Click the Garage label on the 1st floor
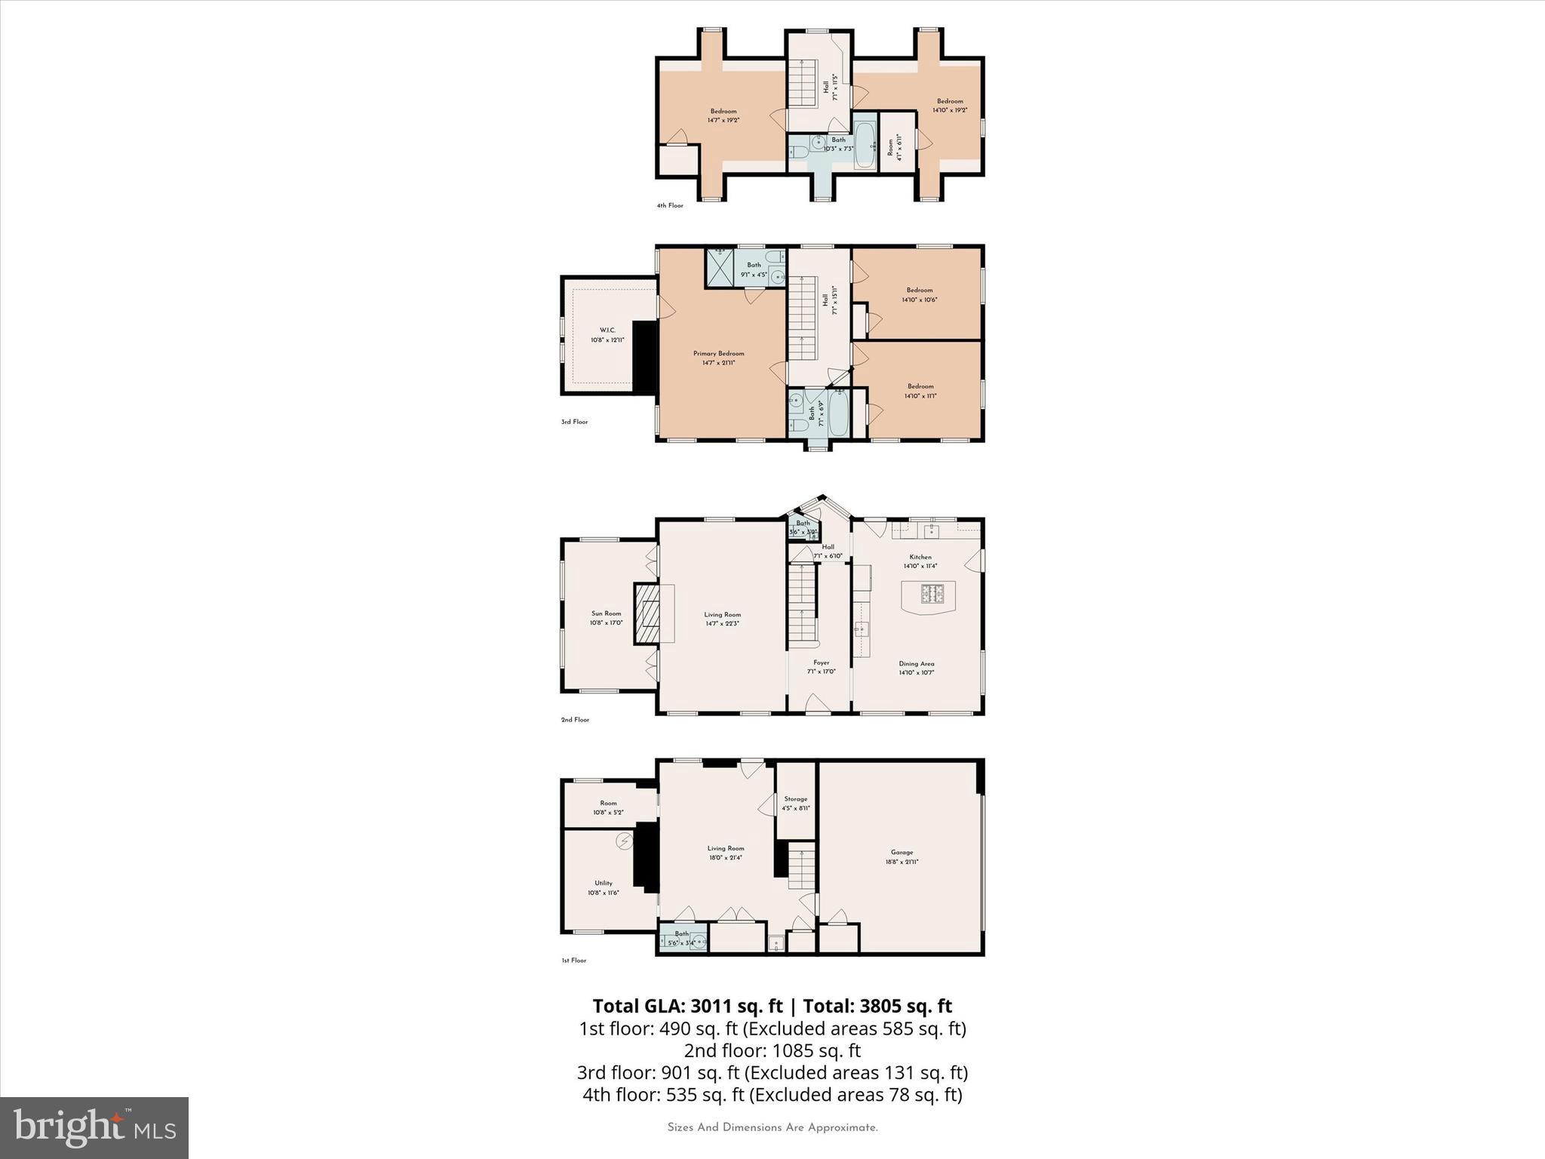tap(902, 856)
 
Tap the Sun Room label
tap(606, 618)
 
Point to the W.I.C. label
tap(607, 335)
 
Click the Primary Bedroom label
tap(718, 358)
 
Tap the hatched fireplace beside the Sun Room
tap(647, 613)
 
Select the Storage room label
tap(795, 803)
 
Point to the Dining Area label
tap(916, 668)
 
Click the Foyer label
tap(821, 667)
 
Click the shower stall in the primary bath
tap(719, 267)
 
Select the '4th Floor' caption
tap(669, 205)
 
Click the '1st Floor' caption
tap(573, 961)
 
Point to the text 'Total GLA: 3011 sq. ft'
tap(687, 1006)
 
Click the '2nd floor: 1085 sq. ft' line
tap(772, 1050)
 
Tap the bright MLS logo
tap(94, 1127)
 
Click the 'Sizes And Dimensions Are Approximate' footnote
tap(772, 1128)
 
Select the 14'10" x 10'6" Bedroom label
tap(919, 295)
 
